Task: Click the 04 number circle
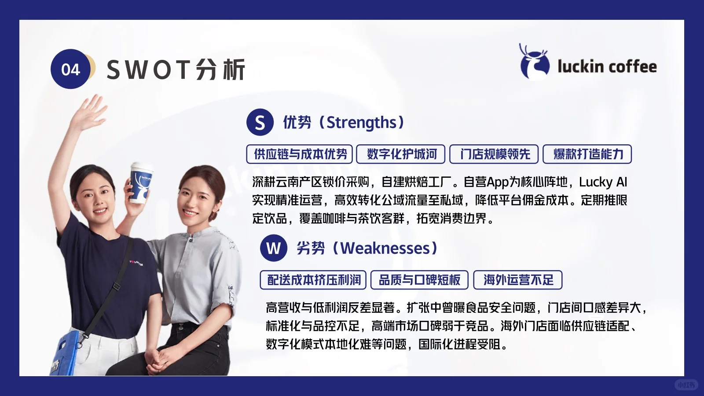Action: coord(70,69)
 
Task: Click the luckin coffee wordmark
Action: coord(607,66)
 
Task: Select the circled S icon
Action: coord(260,122)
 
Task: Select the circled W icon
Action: coord(273,248)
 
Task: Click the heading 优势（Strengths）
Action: coord(343,122)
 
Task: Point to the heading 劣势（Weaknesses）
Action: coord(367,248)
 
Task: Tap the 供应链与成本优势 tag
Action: coord(300,154)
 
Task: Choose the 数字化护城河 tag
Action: coord(401,154)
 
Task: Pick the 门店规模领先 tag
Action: coord(494,154)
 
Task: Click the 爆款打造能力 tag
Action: coord(587,154)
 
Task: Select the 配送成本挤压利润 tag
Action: coord(313,280)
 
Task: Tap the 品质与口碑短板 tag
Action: coord(419,280)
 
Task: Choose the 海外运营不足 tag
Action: coord(518,280)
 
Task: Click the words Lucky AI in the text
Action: coord(603,182)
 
